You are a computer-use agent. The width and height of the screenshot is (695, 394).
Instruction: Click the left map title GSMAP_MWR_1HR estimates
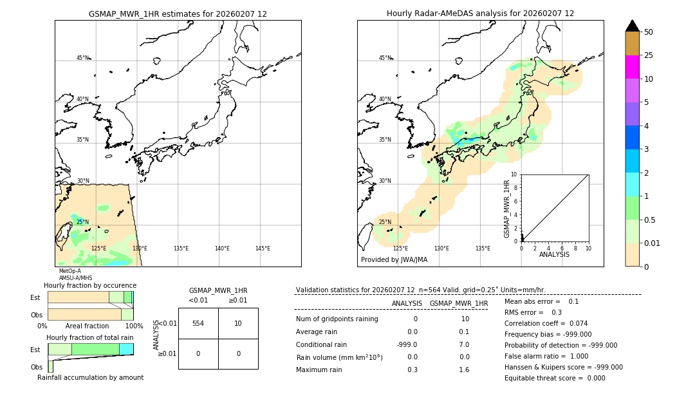point(178,14)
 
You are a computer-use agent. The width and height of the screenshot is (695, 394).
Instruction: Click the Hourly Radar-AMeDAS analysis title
point(480,14)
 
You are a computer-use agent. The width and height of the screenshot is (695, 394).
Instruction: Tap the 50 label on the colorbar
point(649,32)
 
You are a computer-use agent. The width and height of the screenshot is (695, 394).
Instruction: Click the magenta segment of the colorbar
point(632,67)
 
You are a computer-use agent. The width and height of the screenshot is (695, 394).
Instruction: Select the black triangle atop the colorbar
point(632,26)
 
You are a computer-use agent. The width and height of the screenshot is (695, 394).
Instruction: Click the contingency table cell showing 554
point(198,323)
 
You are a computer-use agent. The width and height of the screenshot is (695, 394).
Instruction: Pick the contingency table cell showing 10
point(238,323)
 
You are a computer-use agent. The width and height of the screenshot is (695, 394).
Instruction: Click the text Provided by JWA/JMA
point(394,260)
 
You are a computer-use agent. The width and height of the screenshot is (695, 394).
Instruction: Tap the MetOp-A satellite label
point(69,271)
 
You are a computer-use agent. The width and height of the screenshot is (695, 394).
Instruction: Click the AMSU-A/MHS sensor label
point(75,278)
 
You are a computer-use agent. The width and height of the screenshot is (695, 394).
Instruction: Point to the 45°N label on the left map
point(83,58)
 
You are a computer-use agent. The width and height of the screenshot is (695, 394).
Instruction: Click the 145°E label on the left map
point(263,249)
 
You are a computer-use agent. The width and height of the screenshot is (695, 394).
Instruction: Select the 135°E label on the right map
point(483,249)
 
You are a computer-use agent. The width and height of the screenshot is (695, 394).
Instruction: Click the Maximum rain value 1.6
point(464,370)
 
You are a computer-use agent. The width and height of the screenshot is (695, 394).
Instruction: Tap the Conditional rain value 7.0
point(464,344)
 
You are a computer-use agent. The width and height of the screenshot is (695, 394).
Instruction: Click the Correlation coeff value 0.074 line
point(546,323)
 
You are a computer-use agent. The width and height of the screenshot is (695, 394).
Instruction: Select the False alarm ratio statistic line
point(546,356)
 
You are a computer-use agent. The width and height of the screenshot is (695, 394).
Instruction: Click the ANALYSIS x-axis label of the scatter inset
point(554,254)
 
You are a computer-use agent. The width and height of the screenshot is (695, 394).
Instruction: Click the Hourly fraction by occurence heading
point(90,285)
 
